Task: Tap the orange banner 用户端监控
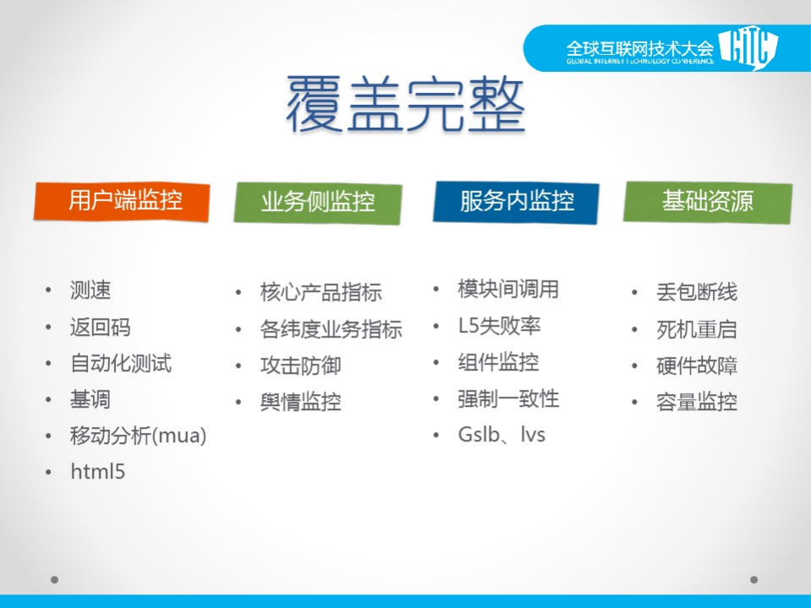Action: tap(122, 200)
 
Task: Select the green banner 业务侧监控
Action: tap(317, 202)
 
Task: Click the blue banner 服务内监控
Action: tap(516, 201)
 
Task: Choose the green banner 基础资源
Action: tap(707, 201)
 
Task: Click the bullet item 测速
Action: tap(90, 291)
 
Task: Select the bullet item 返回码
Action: tap(100, 327)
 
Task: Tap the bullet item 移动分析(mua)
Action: tap(138, 436)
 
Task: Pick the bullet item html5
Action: tap(97, 472)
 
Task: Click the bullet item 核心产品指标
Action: tap(321, 293)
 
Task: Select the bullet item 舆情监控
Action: tap(300, 402)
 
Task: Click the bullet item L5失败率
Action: tap(499, 326)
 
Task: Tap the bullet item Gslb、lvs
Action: tap(501, 435)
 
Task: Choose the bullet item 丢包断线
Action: tap(696, 293)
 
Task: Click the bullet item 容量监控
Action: tap(696, 402)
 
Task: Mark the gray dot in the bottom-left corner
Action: tap(54, 580)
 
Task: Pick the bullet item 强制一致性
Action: tap(508, 398)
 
